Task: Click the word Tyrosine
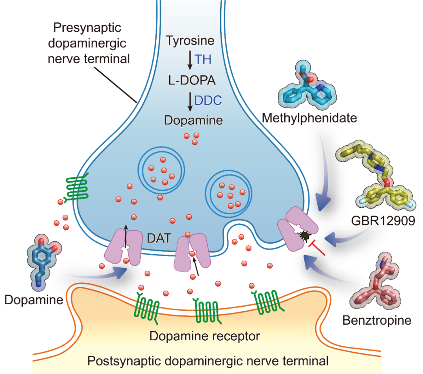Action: click(x=190, y=40)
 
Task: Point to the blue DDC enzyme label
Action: click(x=208, y=100)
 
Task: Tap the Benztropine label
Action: click(x=377, y=321)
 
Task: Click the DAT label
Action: click(x=159, y=238)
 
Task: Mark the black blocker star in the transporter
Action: click(x=304, y=235)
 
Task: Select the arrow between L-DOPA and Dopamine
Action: click(x=190, y=100)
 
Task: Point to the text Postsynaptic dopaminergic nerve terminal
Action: click(x=208, y=360)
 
